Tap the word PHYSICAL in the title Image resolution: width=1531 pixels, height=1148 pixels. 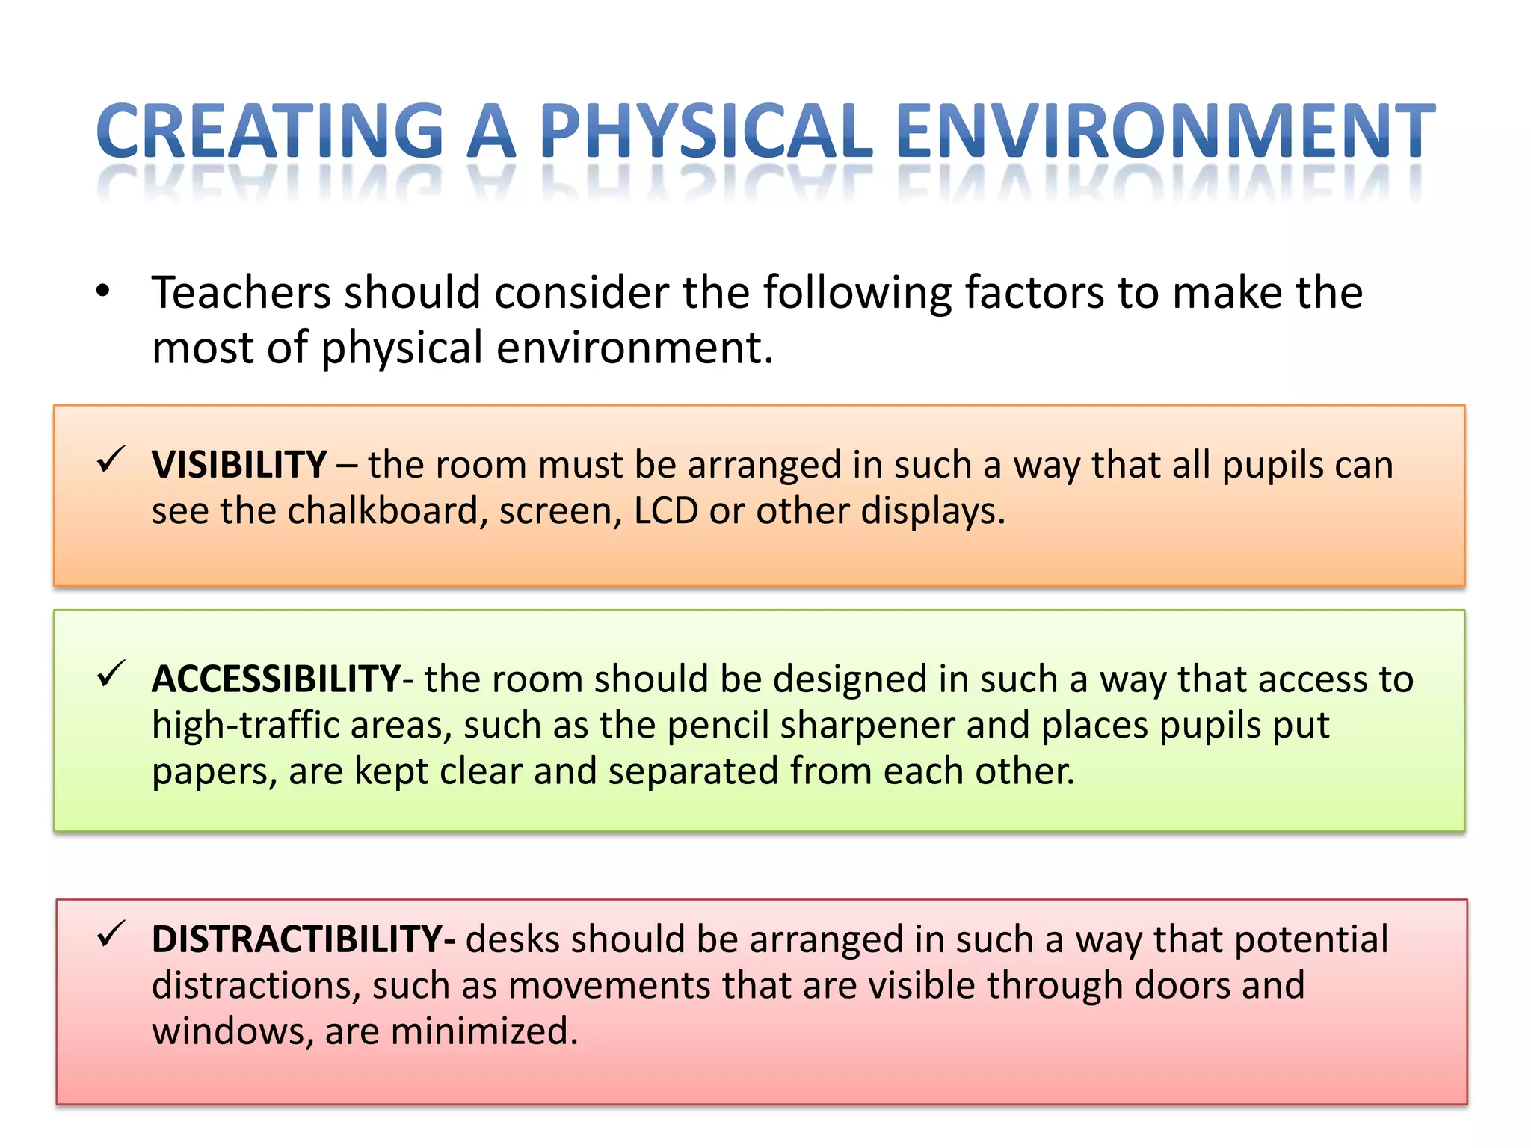706,132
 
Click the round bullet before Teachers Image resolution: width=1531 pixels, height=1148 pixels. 103,291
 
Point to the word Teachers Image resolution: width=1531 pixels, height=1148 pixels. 241,292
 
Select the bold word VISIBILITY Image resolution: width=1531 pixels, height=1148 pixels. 239,465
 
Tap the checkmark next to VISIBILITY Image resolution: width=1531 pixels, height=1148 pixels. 111,460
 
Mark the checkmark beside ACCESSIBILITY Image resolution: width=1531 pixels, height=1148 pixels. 111,675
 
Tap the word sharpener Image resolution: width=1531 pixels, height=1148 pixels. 867,726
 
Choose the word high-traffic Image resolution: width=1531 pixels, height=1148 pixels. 246,726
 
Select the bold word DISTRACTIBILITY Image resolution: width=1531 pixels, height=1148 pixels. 299,939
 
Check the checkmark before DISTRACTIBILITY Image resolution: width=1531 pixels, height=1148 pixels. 111,935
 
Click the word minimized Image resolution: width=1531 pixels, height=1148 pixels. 484,1031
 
